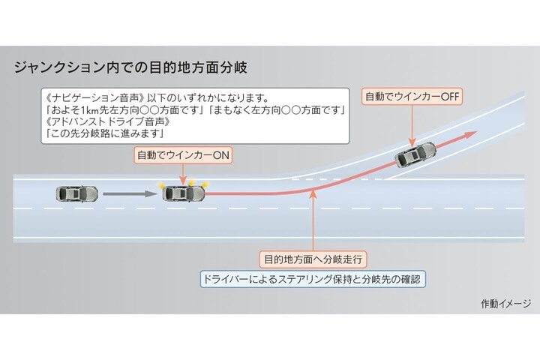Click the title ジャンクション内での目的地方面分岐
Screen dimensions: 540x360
point(130,67)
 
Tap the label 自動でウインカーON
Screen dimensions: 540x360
point(183,155)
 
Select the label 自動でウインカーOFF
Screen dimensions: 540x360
point(412,97)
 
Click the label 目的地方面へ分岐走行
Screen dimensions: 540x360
point(313,259)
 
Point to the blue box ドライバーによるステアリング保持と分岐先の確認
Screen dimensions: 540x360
point(313,279)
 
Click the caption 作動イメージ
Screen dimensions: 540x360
point(506,304)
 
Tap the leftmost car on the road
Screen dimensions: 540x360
point(76,194)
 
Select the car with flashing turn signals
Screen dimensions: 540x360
point(184,193)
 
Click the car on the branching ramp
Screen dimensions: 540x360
point(415,154)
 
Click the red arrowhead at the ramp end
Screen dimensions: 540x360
point(469,134)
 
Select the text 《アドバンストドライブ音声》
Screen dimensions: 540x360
point(108,121)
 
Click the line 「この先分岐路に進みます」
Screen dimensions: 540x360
point(104,133)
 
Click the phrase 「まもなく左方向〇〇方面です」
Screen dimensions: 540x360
point(277,110)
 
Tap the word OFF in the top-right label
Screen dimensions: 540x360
point(450,97)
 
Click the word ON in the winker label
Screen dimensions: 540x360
point(220,155)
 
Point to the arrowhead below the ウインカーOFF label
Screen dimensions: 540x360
point(412,142)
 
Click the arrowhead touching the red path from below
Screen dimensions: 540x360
point(313,193)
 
